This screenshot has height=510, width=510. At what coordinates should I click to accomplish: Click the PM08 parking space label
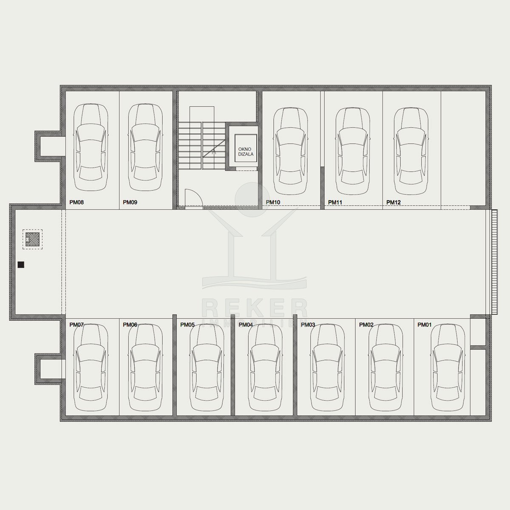pyautogui.click(x=76, y=202)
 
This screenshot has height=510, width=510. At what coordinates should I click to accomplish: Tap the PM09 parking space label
pyautogui.click(x=130, y=202)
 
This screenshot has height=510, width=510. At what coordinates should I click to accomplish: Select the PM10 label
pyautogui.click(x=273, y=202)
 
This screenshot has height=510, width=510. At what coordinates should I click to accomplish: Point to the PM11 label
pyautogui.click(x=335, y=202)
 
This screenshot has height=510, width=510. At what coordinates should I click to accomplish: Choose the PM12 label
pyautogui.click(x=394, y=202)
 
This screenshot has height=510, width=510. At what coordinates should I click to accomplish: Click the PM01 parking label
pyautogui.click(x=425, y=325)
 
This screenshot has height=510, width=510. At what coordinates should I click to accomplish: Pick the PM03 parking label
pyautogui.click(x=308, y=325)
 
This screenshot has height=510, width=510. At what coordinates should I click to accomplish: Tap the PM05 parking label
pyautogui.click(x=187, y=325)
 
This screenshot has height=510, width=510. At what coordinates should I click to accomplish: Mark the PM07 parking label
pyautogui.click(x=76, y=325)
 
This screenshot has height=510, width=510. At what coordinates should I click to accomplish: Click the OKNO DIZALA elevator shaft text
pyautogui.click(x=246, y=152)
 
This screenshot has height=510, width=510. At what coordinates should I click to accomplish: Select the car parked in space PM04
pyautogui.click(x=265, y=367)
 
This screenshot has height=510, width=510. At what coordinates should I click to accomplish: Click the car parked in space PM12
pyautogui.click(x=411, y=151)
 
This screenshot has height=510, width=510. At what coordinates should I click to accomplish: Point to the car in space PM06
pyautogui.click(x=145, y=367)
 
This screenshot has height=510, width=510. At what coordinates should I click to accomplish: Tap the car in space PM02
pyautogui.click(x=386, y=367)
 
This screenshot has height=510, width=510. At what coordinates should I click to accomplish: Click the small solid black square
pyautogui.click(x=21, y=265)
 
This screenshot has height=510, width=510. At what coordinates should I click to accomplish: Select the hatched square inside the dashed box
pyautogui.click(x=33, y=239)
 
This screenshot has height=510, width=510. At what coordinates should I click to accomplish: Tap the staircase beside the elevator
pyautogui.click(x=202, y=146)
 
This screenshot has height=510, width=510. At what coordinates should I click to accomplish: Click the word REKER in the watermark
pyautogui.click(x=255, y=308)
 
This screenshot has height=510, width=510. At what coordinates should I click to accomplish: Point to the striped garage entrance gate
pyautogui.click(x=494, y=262)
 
